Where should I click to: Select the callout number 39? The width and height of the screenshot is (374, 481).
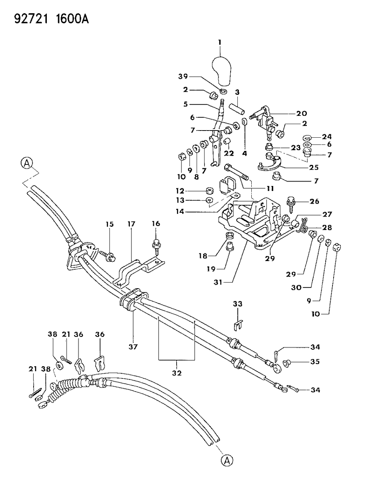(183, 77)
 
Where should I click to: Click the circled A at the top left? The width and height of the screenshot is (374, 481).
(26, 163)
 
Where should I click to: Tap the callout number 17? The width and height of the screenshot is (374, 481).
(131, 224)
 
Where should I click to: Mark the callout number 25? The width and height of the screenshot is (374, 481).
(314, 167)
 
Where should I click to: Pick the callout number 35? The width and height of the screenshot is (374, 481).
(314, 361)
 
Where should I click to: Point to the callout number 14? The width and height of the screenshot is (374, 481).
(180, 211)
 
